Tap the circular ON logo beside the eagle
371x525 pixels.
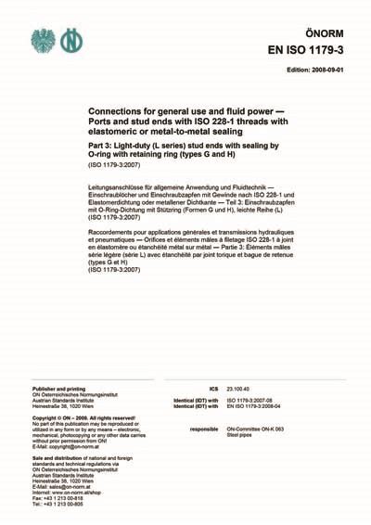pyautogui.click(x=71, y=40)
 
